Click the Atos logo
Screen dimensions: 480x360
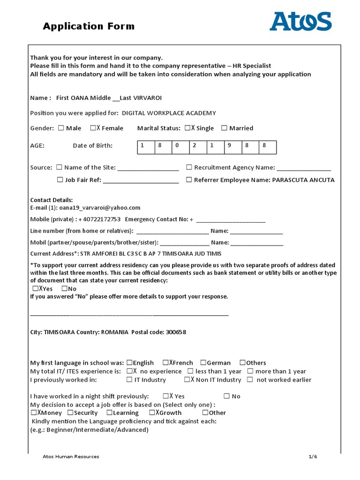300,22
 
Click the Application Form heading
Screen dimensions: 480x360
89,26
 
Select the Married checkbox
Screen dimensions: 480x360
224,128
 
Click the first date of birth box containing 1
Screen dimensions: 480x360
146,146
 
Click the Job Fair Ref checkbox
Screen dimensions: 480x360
60,180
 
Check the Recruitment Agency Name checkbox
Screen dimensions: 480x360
189,167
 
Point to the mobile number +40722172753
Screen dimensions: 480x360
99,219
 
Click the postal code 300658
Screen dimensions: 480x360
175,332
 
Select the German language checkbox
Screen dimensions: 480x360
203,363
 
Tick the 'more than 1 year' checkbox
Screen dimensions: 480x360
250,371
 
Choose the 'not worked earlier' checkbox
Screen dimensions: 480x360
250,380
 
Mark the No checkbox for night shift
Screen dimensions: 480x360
227,396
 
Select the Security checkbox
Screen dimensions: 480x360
70,413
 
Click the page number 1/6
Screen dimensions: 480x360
313,457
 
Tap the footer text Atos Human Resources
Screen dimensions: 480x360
71,457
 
